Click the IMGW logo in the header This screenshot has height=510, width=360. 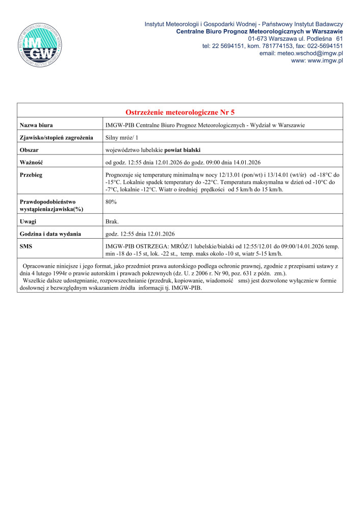point(40,45)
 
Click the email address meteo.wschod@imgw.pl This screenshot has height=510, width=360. point(301,53)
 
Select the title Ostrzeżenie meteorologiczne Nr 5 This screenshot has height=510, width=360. point(180,112)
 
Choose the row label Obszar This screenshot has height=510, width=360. point(30,150)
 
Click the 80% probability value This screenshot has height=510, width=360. point(111,202)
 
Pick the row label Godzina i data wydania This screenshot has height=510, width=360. point(50,234)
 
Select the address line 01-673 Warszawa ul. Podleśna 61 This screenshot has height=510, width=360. point(295,39)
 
